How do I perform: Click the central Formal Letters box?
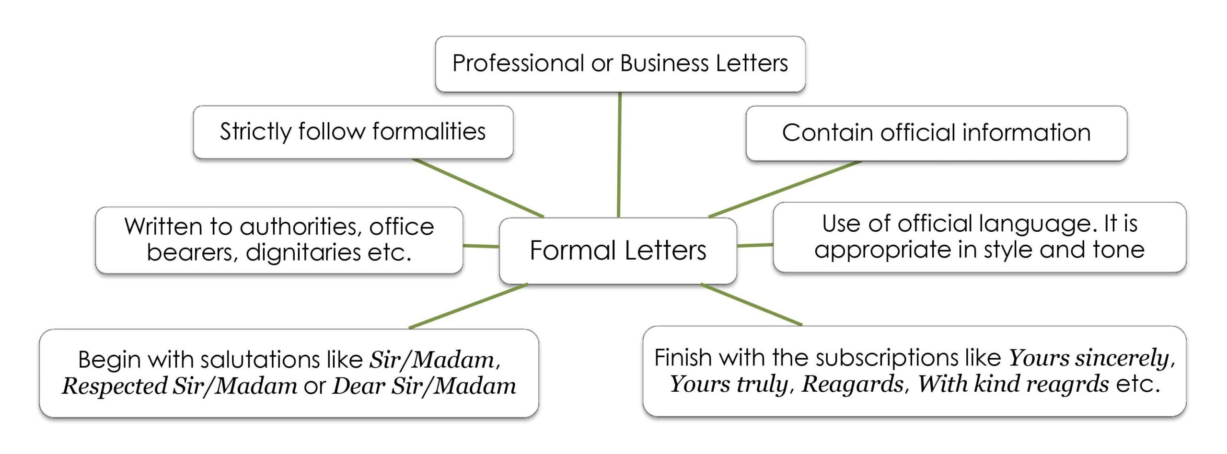pos(618,250)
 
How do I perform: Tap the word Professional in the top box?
pos(518,63)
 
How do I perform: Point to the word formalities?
pos(429,132)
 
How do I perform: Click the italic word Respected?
pos(115,386)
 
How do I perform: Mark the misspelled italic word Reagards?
pos(853,384)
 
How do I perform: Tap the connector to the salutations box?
pos(468,306)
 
